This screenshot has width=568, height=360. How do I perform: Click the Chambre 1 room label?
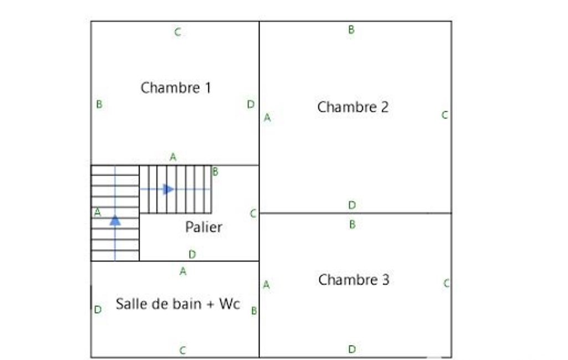pyautogui.click(x=176, y=88)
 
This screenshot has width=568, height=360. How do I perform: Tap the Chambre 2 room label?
pyautogui.click(x=353, y=107)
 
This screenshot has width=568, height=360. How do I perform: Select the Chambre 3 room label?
pyautogui.click(x=354, y=280)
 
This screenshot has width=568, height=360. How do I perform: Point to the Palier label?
pyautogui.click(x=203, y=227)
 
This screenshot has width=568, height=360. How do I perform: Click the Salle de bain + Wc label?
pyautogui.click(x=178, y=304)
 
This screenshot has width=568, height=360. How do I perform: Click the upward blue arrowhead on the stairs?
pyautogui.click(x=115, y=220)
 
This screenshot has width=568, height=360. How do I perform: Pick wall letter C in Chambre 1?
pyautogui.click(x=177, y=32)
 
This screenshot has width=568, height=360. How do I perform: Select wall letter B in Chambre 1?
pyautogui.click(x=99, y=104)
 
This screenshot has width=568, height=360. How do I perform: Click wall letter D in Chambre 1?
pyautogui.click(x=250, y=104)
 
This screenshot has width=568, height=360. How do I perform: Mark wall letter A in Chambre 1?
pyautogui.click(x=173, y=157)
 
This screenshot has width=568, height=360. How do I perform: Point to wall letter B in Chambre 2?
pyautogui.click(x=351, y=30)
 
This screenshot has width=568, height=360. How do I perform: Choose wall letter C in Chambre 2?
pyautogui.click(x=444, y=115)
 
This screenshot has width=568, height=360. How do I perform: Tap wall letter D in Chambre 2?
pyautogui.click(x=352, y=205)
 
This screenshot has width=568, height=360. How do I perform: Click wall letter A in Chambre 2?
pyautogui.click(x=267, y=117)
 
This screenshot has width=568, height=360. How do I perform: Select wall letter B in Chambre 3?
pyautogui.click(x=352, y=224)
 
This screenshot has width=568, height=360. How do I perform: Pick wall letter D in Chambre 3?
pyautogui.click(x=352, y=349)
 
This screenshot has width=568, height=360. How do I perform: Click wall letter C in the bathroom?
pyautogui.click(x=182, y=350)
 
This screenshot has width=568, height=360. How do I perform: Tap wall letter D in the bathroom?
pyautogui.click(x=98, y=310)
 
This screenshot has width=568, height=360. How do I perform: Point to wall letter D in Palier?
pyautogui.click(x=192, y=254)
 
